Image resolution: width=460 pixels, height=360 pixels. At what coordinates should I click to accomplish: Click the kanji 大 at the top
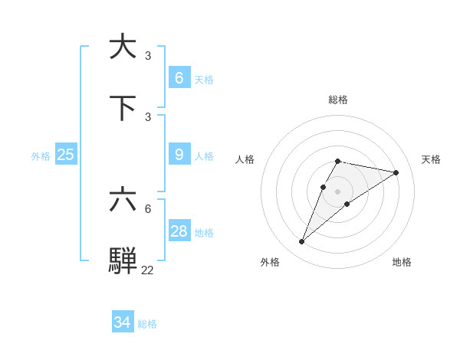coord(123,46)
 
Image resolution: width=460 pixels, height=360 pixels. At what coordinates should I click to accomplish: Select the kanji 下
coord(123,107)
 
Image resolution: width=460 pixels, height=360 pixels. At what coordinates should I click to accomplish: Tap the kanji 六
coord(123,201)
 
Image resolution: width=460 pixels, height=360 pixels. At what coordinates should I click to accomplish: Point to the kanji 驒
coord(123,261)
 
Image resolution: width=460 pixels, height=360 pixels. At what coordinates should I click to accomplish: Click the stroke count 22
coord(147,270)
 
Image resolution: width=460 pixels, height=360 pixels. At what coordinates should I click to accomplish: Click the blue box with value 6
coord(179,78)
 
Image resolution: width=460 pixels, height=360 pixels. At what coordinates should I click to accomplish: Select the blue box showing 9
coord(179,155)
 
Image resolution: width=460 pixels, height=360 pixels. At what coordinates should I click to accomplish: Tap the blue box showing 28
coord(179,231)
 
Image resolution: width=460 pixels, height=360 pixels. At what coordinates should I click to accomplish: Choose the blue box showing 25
coord(66,155)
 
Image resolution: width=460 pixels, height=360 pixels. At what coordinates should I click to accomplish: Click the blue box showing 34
coord(123,322)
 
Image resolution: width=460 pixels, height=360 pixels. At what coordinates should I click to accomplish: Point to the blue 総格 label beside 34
coord(147,324)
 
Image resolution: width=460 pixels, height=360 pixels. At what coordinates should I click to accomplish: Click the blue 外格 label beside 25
coord(41,156)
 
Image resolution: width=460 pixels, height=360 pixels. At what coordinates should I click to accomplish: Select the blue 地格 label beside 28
coord(204,233)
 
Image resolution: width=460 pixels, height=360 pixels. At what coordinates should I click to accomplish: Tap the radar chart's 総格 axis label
coord(338,100)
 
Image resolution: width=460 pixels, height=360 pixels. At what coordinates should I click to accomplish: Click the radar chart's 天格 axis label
coord(431,159)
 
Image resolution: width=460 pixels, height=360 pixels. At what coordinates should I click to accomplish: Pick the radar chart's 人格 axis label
coord(245,159)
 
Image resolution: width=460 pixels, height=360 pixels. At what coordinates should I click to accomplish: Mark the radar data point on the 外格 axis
coord(302,242)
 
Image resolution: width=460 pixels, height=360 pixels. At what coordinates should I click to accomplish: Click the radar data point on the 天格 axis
coord(396,172)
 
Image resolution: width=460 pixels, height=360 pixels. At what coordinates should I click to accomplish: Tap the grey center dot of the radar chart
coord(338,191)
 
